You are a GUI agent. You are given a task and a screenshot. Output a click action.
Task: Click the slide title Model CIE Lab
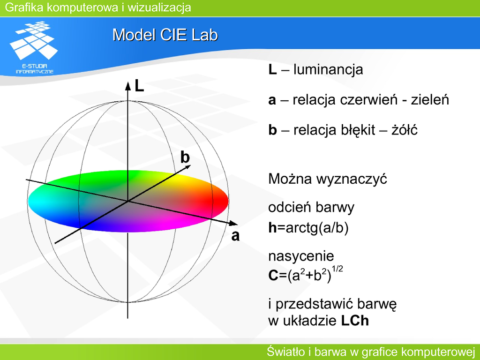click(x=165, y=35)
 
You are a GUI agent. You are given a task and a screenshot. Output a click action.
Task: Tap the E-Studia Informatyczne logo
click(x=34, y=48)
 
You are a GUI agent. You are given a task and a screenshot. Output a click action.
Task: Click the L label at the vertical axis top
click(x=139, y=86)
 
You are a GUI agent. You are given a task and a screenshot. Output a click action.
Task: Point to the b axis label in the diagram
click(x=185, y=157)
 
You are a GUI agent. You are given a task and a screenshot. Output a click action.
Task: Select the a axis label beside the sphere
click(x=235, y=236)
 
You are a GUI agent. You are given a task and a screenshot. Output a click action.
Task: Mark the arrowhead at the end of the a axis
click(x=233, y=223)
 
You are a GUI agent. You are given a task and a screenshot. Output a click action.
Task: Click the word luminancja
click(x=328, y=70)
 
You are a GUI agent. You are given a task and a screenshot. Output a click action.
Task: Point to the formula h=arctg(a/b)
click(x=308, y=228)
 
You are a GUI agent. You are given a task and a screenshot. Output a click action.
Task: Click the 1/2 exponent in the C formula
click(x=337, y=270)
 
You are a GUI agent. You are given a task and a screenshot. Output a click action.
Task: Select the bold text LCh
click(x=355, y=321)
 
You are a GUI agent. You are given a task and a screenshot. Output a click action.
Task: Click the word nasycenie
click(x=301, y=256)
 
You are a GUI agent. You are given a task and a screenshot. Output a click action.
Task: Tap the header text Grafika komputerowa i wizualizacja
click(x=98, y=7)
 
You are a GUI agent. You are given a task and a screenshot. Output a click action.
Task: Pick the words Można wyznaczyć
click(x=328, y=179)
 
